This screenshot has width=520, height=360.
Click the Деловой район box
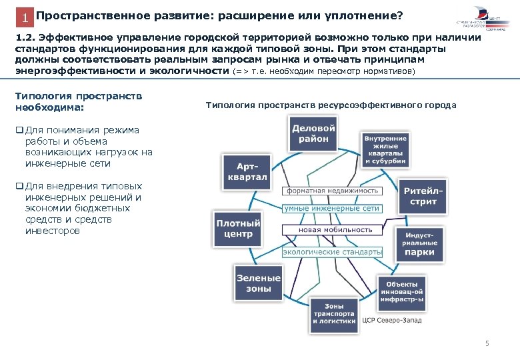[x=313, y=133]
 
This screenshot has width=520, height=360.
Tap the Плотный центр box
[x=238, y=228]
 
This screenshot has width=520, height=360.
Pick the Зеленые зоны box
[x=257, y=283]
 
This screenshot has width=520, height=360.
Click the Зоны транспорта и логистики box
[x=335, y=314]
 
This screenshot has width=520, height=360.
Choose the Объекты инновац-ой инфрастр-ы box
[x=401, y=289]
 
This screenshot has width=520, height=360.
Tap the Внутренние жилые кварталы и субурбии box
[x=385, y=149]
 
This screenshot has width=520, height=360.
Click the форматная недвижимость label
[x=333, y=191]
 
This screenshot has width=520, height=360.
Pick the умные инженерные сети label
[x=332, y=209]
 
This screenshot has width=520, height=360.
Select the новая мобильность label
[x=332, y=229]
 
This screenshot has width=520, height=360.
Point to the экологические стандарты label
[x=332, y=252]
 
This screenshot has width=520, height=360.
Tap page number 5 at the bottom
[x=487, y=344]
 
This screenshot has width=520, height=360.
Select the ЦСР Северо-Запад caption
[x=392, y=320]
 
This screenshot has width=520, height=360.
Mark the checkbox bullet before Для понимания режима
[x=19, y=130]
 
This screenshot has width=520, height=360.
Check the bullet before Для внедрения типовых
[x=19, y=186]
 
